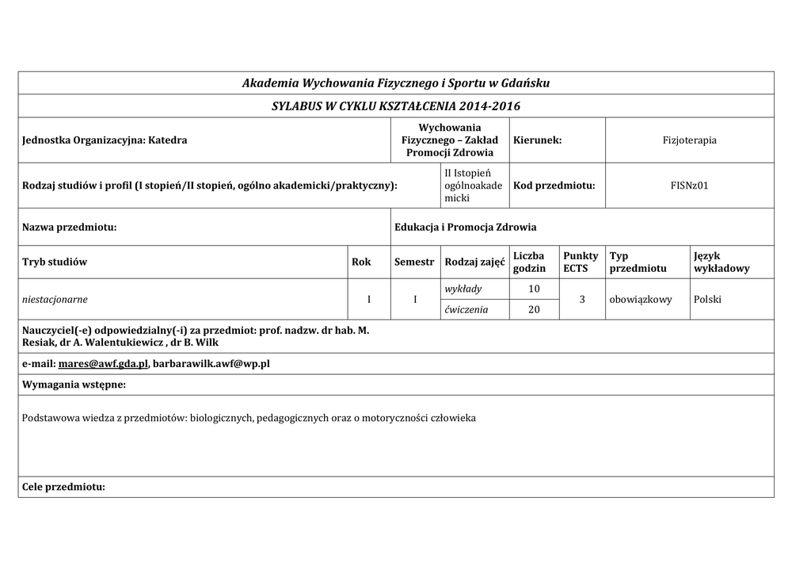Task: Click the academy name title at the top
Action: click(395, 83)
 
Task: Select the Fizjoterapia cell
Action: click(689, 140)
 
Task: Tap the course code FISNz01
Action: click(689, 186)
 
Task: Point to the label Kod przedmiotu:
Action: click(554, 186)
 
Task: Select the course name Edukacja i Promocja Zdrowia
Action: click(465, 228)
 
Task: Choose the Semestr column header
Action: click(413, 262)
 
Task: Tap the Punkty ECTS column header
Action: click(581, 262)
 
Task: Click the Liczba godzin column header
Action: click(529, 262)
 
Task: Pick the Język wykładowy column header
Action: click(721, 262)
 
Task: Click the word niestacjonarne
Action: click(55, 300)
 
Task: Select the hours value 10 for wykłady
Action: click(534, 289)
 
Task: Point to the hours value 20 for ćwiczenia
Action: click(534, 310)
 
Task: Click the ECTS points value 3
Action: click(581, 300)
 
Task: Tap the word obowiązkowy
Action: click(641, 300)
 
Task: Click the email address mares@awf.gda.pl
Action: click(102, 364)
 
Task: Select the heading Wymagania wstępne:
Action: click(74, 385)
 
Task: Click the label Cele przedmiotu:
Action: click(63, 487)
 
